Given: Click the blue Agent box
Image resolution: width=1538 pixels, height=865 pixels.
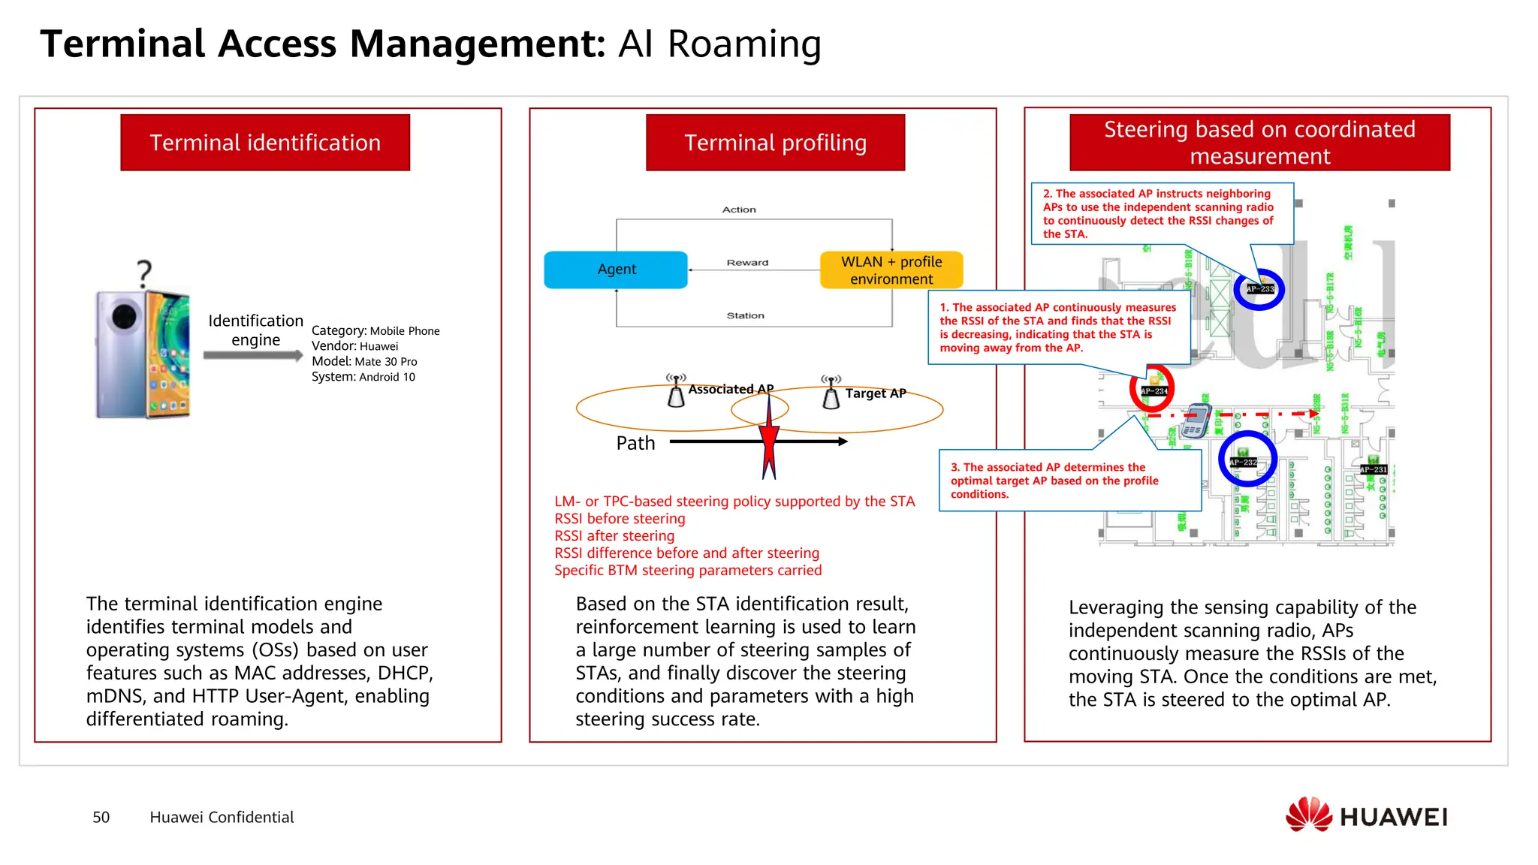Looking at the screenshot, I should (x=615, y=270).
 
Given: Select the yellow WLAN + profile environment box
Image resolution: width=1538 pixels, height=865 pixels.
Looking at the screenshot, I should (x=891, y=270).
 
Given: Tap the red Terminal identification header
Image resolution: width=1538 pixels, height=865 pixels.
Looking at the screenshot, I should (x=265, y=143).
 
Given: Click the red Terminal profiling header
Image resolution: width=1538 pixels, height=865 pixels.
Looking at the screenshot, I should (x=775, y=143).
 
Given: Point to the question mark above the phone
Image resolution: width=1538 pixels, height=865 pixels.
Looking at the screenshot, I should (x=144, y=273).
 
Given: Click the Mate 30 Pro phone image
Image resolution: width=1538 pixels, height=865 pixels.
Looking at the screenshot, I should (x=143, y=353).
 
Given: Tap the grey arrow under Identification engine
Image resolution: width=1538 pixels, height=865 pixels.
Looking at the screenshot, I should (x=252, y=355).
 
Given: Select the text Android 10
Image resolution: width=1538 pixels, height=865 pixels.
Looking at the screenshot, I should (x=387, y=377).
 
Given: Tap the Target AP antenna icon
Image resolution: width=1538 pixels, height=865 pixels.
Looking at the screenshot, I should (x=831, y=393).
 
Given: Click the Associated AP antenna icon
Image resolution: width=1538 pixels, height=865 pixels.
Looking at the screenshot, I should (x=676, y=391).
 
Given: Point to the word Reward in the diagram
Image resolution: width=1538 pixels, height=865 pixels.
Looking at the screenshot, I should (x=747, y=263).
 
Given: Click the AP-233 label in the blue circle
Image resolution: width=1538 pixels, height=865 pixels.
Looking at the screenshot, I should (x=1259, y=289).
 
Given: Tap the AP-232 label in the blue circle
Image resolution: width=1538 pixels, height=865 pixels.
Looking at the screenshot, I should (x=1243, y=462).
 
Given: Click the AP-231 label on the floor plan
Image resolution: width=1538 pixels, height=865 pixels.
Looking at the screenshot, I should (x=1373, y=469).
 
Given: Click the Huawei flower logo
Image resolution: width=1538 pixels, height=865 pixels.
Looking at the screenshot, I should (x=1308, y=815).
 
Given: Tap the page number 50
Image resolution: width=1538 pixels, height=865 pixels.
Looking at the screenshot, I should (x=101, y=817).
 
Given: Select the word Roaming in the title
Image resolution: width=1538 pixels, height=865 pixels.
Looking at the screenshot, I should (x=744, y=44).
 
